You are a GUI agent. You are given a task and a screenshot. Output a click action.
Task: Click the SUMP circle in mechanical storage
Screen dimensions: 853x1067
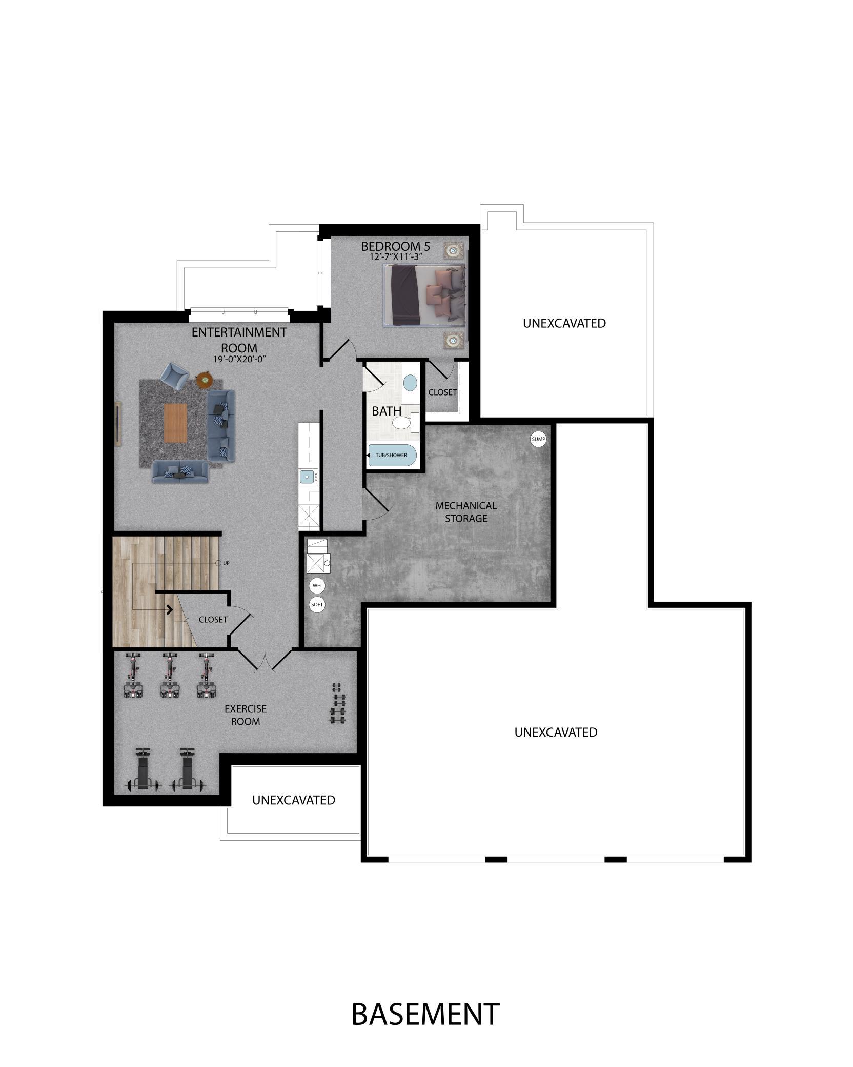[x=538, y=439]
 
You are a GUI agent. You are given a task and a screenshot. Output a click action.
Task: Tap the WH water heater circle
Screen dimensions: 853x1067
[x=317, y=585]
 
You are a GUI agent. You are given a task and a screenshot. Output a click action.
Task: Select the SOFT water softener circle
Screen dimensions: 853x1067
[x=317, y=605]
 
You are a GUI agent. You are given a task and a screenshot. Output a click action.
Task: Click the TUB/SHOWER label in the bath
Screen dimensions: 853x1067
[x=391, y=455]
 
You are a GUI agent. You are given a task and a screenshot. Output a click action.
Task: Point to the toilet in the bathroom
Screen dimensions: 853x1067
[x=406, y=422]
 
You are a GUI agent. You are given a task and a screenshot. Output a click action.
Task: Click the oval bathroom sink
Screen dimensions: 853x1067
[x=410, y=382]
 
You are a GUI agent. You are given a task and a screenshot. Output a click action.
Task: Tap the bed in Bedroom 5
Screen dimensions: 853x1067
[x=425, y=294]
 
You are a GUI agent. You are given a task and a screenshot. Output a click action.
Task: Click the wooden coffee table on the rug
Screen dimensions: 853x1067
[x=176, y=422]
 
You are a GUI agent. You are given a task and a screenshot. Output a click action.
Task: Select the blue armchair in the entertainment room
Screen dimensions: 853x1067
[x=174, y=377]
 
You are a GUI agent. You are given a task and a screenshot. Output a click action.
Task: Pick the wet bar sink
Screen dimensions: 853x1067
[x=308, y=477]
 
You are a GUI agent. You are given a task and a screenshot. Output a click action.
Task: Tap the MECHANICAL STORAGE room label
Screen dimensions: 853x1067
[x=466, y=512]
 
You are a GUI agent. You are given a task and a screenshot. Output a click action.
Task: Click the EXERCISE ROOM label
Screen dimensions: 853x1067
[x=246, y=715]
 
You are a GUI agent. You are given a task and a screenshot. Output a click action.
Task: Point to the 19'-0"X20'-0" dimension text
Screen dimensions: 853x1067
[x=239, y=359]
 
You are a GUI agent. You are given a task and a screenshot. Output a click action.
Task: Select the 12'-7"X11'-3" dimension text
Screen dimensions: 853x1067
[x=396, y=257]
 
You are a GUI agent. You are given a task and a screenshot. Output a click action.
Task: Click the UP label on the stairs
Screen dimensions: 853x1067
[x=227, y=563]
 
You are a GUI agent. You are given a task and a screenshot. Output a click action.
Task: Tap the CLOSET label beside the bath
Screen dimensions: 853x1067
[x=442, y=392]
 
